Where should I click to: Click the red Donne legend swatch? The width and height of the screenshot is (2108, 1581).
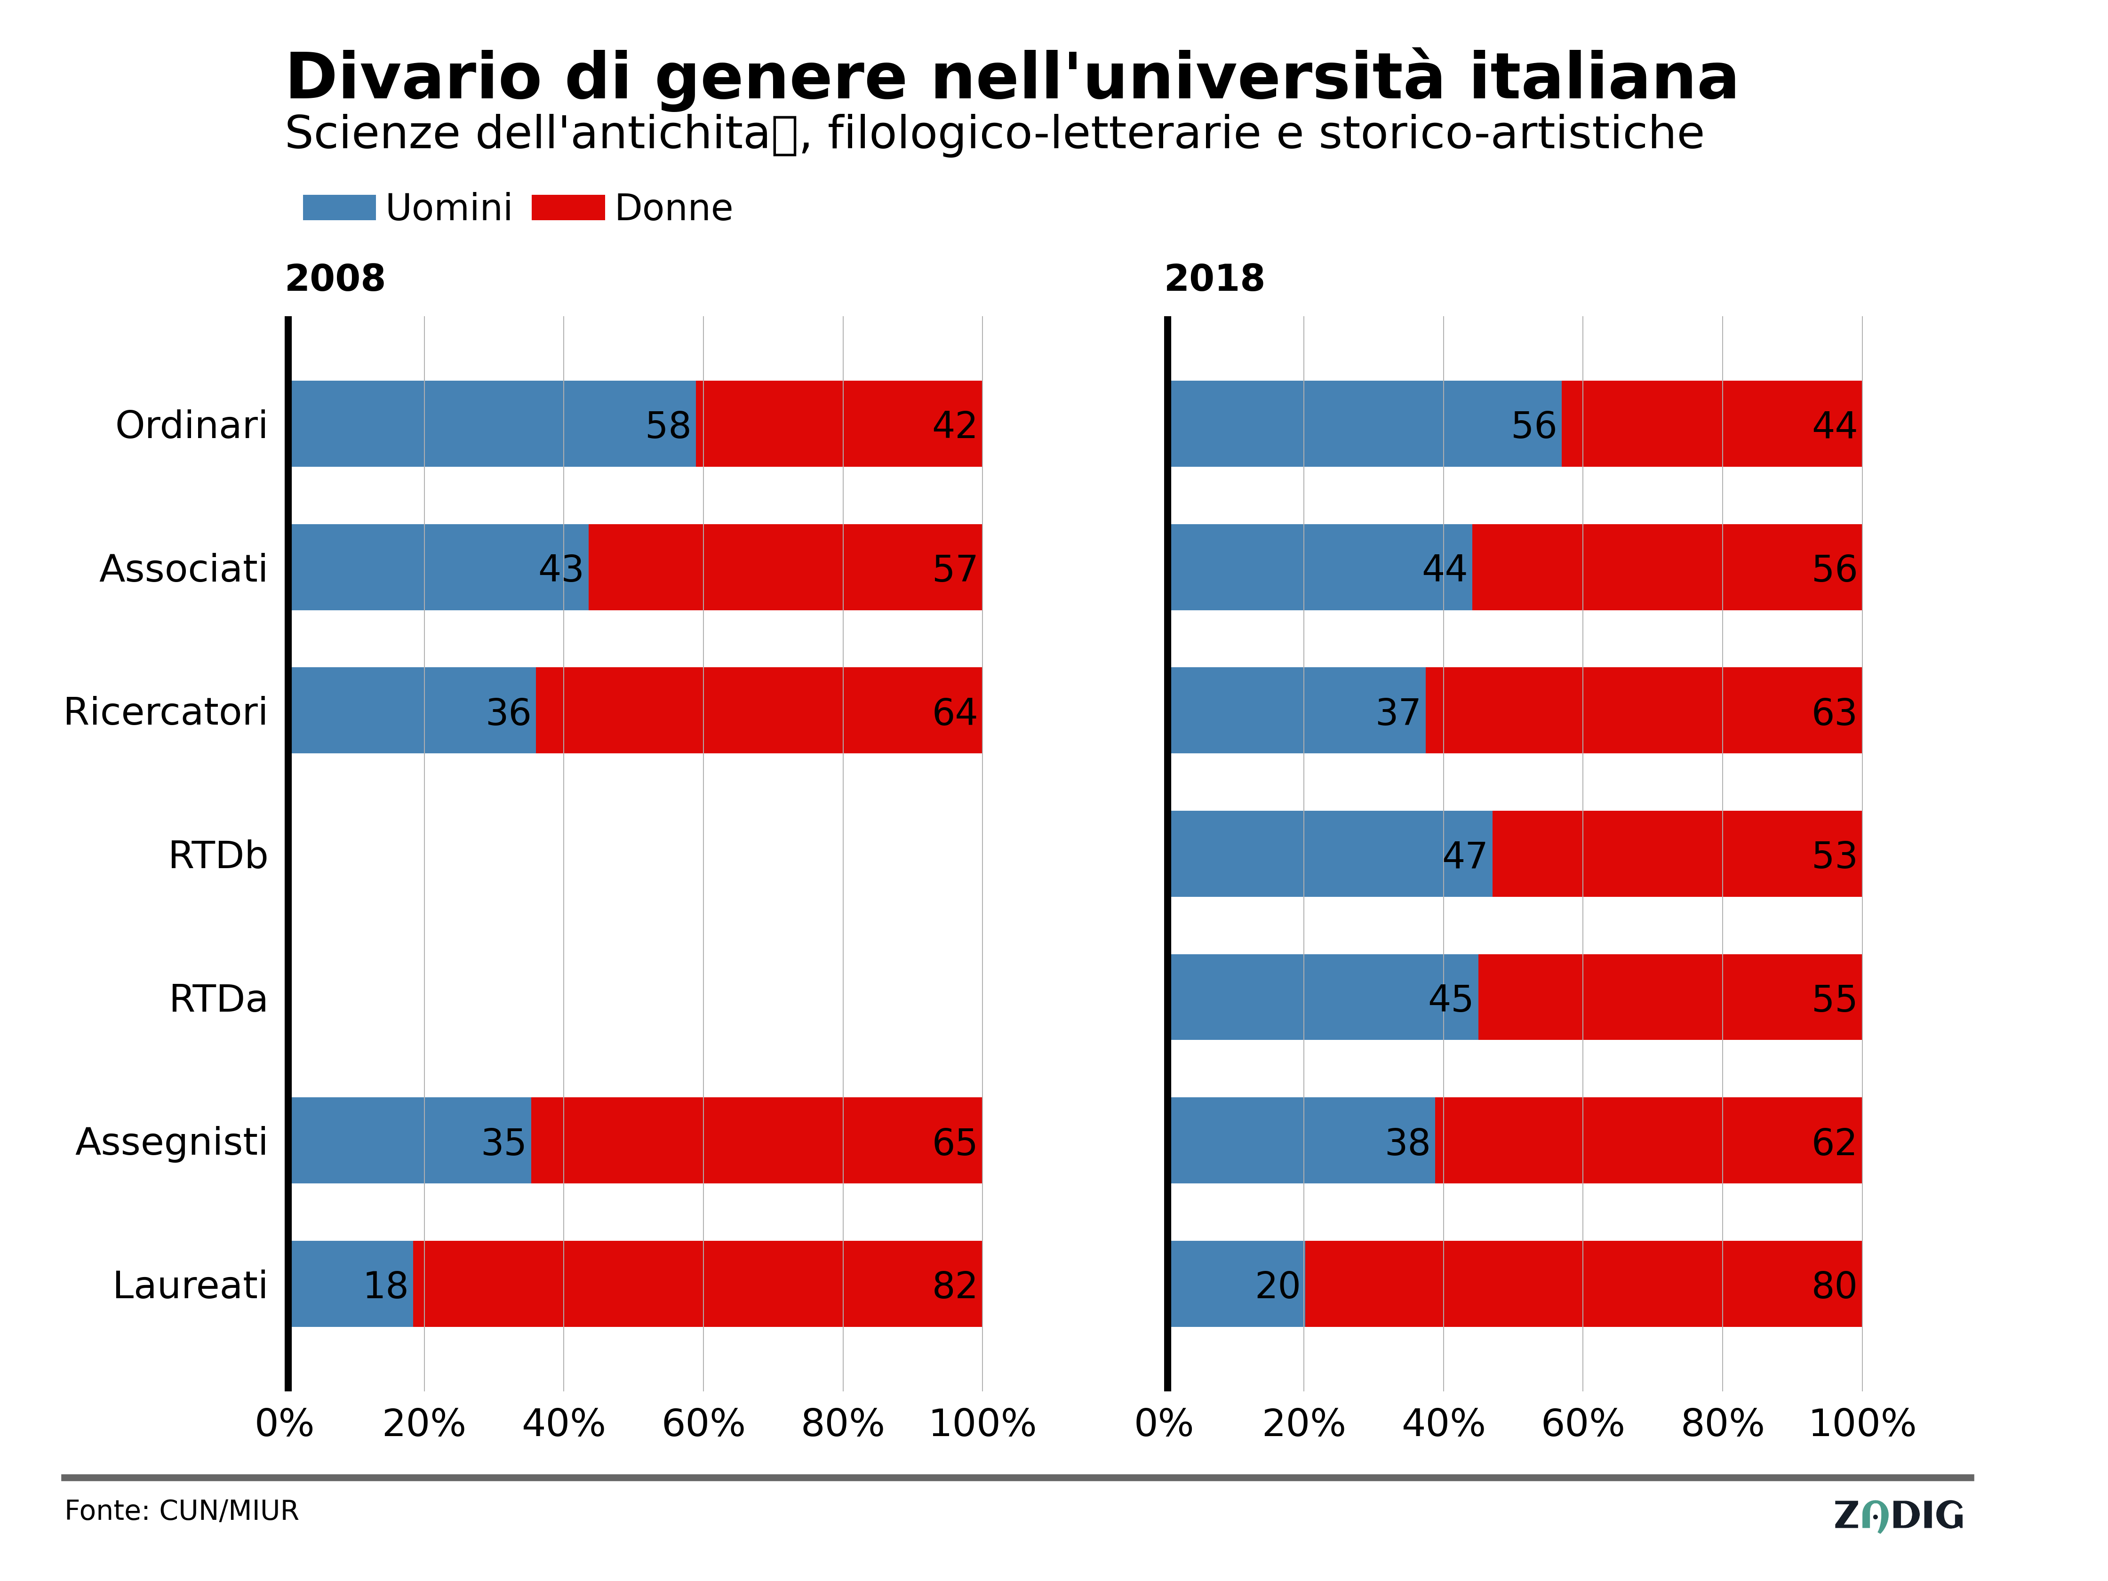click(568, 208)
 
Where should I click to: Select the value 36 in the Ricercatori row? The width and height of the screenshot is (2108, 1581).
click(508, 712)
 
